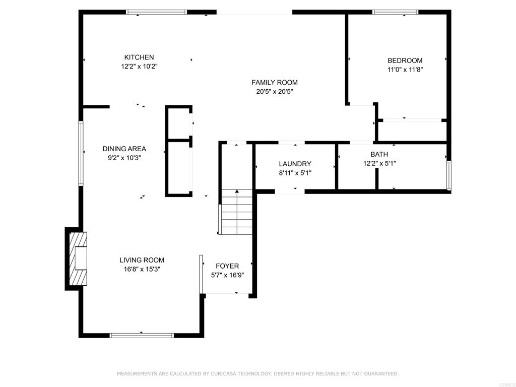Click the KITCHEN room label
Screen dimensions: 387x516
coord(139,57)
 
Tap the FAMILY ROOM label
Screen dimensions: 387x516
coord(275,83)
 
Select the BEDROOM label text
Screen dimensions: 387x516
coord(405,60)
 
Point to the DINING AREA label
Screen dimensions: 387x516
coord(124,149)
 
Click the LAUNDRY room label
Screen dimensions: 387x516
coord(295,164)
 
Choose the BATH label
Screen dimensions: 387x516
coord(379,154)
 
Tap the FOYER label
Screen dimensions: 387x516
coord(227,266)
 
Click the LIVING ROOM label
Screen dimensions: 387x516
coord(142,260)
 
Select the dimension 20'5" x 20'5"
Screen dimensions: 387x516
coord(275,92)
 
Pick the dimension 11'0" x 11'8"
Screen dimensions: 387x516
coord(405,70)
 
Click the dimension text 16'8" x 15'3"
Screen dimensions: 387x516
coord(142,269)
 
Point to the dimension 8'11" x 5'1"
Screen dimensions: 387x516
coord(295,173)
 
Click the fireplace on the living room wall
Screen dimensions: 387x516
coord(77,259)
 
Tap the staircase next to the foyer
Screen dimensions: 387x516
coord(236,213)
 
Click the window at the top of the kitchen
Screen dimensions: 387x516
coord(156,12)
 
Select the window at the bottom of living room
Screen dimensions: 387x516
coord(142,335)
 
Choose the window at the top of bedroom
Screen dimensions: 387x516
coord(395,12)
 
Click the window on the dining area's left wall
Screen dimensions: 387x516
coord(81,153)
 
